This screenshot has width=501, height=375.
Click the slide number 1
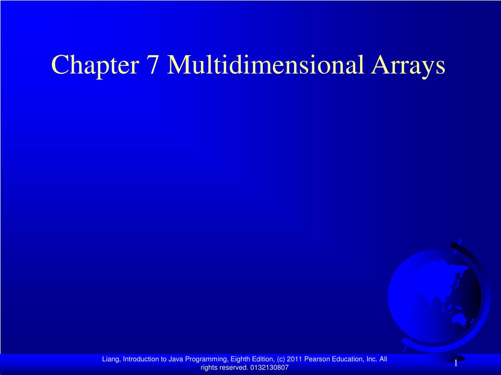point(455,363)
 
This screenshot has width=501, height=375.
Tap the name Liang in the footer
point(111,359)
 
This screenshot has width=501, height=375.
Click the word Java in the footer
point(177,359)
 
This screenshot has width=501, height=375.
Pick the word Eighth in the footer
point(239,359)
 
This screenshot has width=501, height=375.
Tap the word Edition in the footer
point(263,359)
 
